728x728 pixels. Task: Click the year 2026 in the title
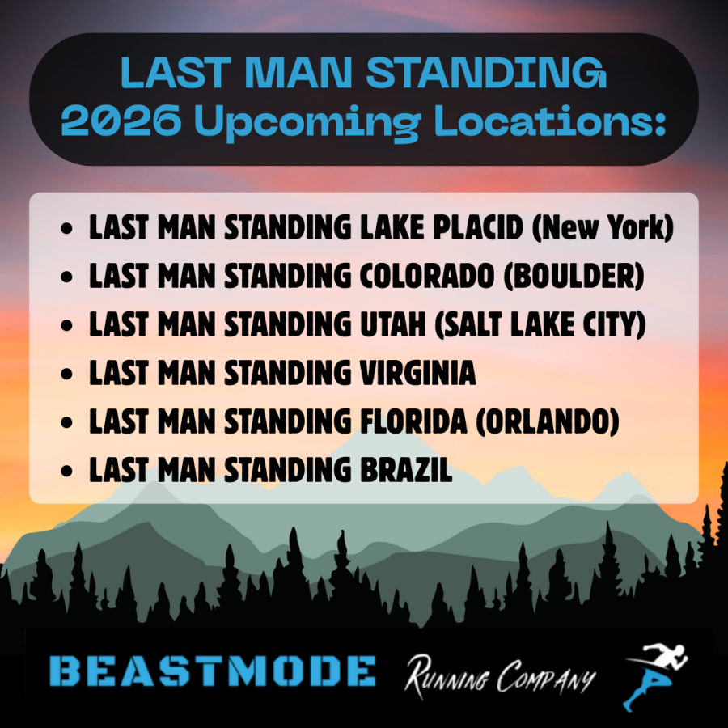[121, 120]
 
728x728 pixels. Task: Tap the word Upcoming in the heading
[307, 123]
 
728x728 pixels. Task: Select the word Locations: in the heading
[550, 120]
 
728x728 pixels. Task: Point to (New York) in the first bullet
[602, 228]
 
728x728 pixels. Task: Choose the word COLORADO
[426, 277]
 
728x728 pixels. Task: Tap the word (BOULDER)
[574, 277]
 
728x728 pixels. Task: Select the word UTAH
[392, 324]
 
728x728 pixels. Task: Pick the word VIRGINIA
[418, 373]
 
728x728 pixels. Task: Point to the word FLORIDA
[413, 421]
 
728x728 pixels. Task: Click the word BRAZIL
[406, 469]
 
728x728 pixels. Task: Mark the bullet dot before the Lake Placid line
[67, 228]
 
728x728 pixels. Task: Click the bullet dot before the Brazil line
[67, 470]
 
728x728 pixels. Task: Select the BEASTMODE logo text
[212, 671]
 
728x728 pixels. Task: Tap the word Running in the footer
[447, 676]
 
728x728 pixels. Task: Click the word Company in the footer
[546, 676]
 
